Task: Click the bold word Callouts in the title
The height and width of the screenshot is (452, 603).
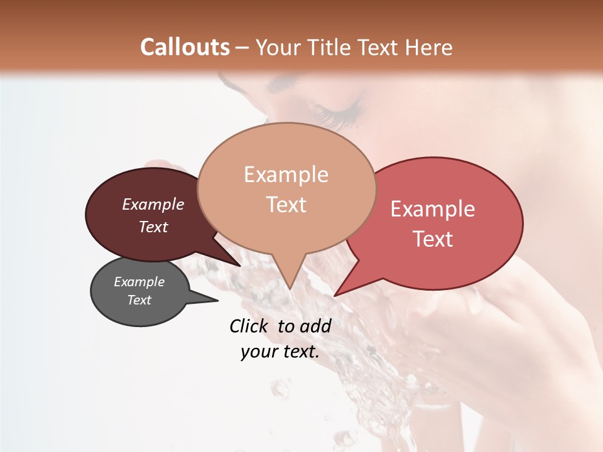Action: click(185, 47)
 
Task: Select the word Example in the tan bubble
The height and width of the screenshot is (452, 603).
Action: click(286, 175)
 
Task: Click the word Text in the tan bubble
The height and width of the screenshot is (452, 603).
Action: click(286, 205)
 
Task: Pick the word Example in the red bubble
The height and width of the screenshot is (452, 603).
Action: click(433, 209)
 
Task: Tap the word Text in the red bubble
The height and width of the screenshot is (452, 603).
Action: click(433, 239)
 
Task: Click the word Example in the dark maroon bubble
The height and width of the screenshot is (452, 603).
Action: click(153, 204)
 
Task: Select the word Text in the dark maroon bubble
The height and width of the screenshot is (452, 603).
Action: click(153, 227)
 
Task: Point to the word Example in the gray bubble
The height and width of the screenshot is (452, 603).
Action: click(139, 282)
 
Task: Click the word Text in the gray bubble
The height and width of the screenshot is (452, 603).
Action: click(139, 300)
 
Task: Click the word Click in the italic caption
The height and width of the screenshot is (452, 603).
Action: click(249, 326)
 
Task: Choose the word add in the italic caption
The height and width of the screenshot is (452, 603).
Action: click(315, 326)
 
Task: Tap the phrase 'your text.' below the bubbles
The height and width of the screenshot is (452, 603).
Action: click(280, 352)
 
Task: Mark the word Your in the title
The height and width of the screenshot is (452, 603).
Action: click(278, 47)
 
